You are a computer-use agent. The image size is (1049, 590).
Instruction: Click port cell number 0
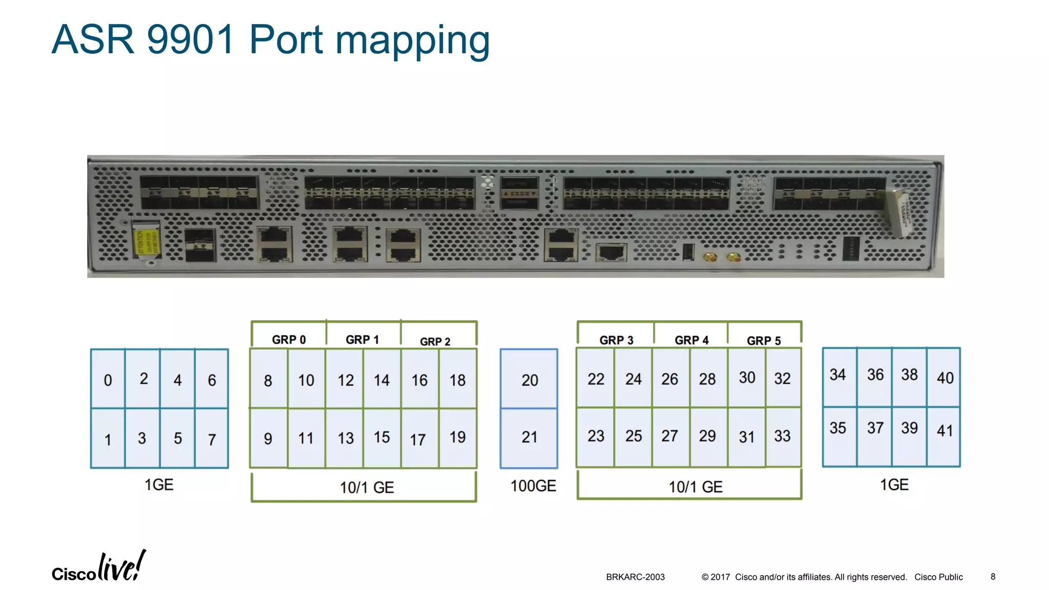tap(108, 380)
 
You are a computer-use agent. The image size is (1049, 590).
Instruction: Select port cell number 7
tap(212, 438)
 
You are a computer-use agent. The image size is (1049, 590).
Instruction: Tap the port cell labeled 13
tap(345, 438)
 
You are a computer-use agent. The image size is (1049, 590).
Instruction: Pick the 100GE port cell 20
tap(529, 380)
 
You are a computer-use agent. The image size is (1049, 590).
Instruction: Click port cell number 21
tap(529, 437)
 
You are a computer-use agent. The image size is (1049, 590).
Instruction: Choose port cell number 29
tap(707, 436)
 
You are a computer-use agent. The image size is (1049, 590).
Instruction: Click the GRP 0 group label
tap(288, 340)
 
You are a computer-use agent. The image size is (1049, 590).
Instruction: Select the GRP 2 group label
tap(435, 342)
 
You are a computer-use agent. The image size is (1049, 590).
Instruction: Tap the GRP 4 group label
tap(691, 341)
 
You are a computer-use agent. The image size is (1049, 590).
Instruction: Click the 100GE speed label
tap(533, 486)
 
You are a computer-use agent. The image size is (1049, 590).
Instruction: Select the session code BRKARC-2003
tap(635, 577)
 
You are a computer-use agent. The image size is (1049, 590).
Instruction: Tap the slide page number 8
tap(993, 577)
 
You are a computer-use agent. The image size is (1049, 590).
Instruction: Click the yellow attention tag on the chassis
tap(146, 241)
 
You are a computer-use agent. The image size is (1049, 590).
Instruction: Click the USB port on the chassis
tap(688, 252)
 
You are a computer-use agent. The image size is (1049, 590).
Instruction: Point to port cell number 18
tap(457, 380)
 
